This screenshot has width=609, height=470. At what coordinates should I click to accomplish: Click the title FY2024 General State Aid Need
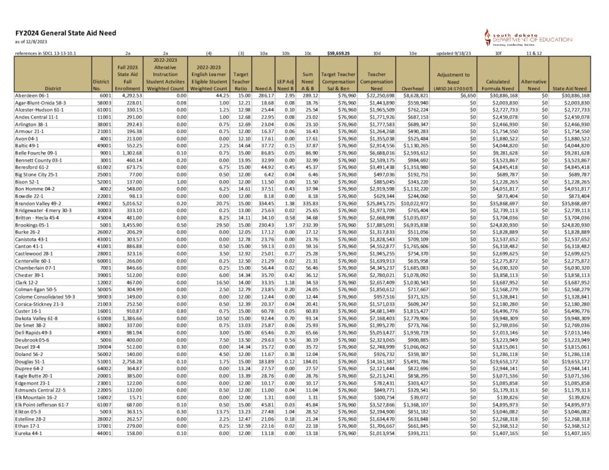[65, 33]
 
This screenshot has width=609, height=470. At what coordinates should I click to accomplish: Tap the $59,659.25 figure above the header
[337, 53]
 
